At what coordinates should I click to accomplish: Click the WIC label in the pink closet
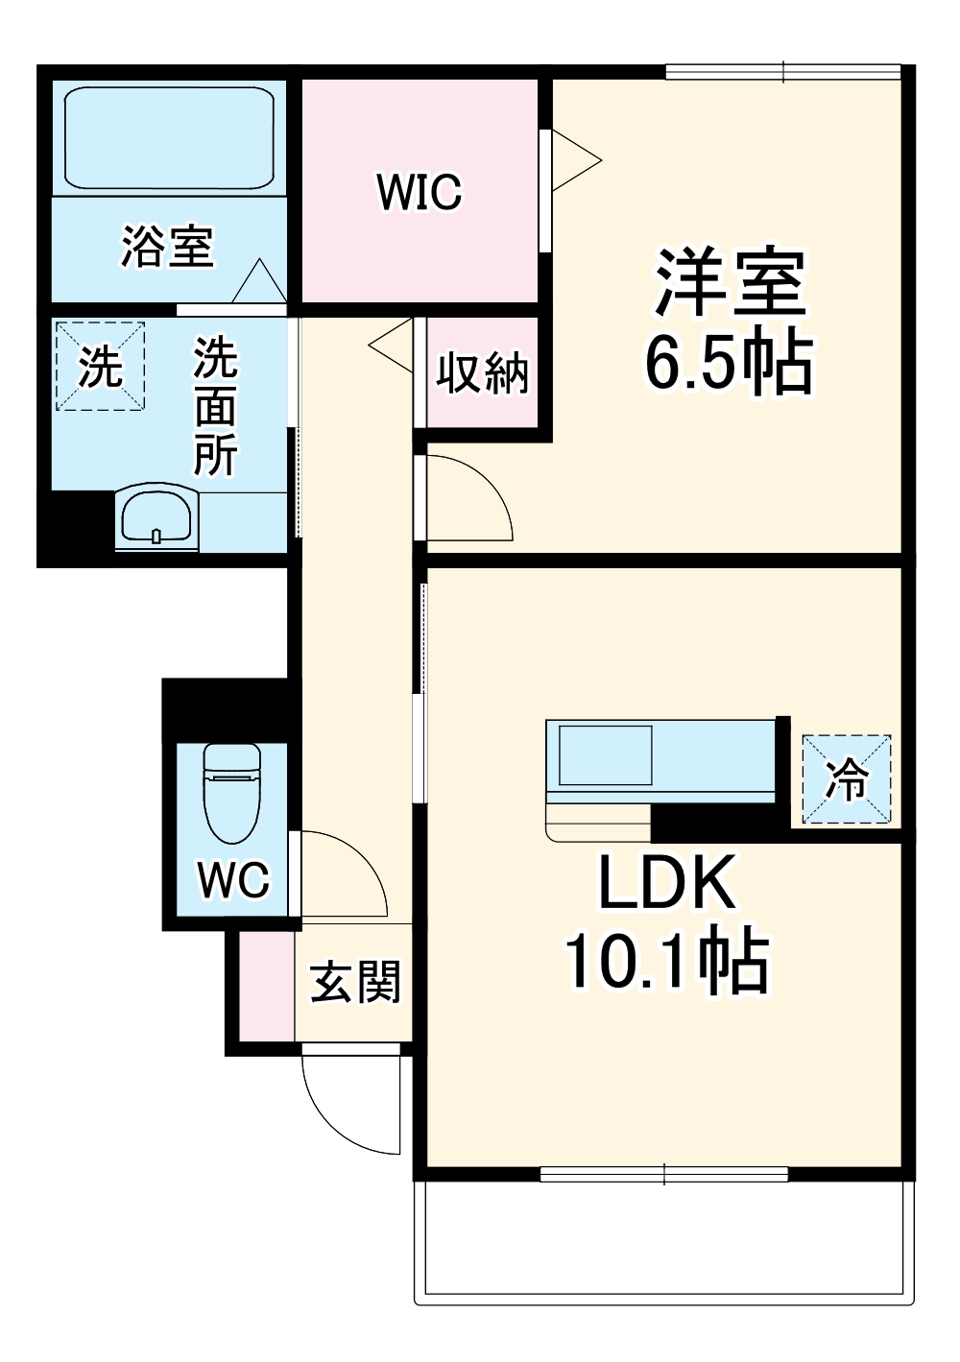pyautogui.click(x=419, y=192)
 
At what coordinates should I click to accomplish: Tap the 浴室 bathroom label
pyautogui.click(x=167, y=247)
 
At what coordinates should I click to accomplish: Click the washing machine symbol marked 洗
pyautogui.click(x=100, y=366)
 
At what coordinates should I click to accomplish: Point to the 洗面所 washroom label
pyautogui.click(x=215, y=406)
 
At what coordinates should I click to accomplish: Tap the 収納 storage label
pyautogui.click(x=482, y=372)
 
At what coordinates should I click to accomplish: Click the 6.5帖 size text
pyautogui.click(x=729, y=363)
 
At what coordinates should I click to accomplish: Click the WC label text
pyautogui.click(x=233, y=878)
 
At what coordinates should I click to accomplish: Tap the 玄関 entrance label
pyautogui.click(x=354, y=982)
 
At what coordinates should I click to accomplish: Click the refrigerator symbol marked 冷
pyautogui.click(x=847, y=779)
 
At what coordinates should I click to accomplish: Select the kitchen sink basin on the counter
pyautogui.click(x=606, y=754)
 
